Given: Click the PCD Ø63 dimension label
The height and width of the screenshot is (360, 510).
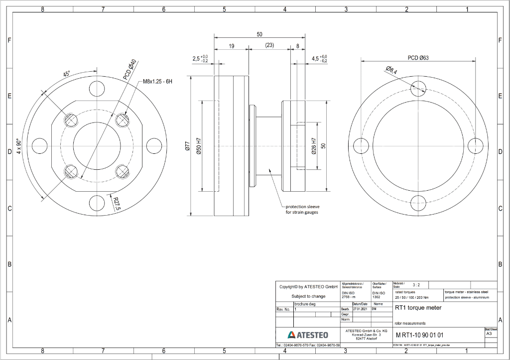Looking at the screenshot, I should point(418,58).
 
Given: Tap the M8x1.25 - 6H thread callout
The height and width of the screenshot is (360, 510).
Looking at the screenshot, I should point(157,81).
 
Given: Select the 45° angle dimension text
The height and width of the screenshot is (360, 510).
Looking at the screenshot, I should point(66,74).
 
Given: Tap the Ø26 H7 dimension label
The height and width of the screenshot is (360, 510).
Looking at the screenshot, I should point(314,146).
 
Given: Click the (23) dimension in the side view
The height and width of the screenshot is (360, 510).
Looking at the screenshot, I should point(269,45).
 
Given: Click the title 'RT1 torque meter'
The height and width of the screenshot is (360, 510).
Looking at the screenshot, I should point(418,308).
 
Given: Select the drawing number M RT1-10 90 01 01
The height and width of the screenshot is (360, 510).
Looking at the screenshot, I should point(419,335).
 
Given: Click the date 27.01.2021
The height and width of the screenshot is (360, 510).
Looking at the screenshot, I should point(360,309).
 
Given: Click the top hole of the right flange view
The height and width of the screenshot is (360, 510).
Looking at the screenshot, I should point(418,89).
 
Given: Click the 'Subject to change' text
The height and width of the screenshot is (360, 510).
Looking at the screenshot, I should point(308,296).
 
